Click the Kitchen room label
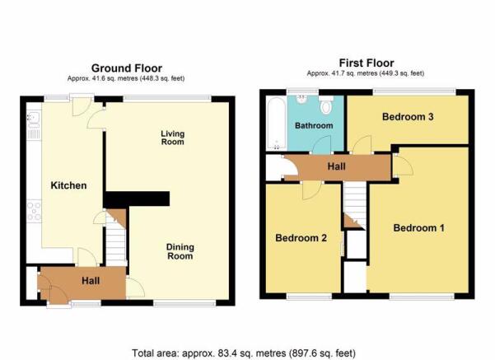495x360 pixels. pos(68,185)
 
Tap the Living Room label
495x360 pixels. pos(173,138)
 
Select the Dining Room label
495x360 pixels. pos(180,251)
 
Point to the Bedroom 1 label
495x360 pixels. pos(419,227)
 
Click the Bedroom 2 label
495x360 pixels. pos(301,238)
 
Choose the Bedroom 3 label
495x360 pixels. pos(408,117)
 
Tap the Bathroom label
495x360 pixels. pos(314,126)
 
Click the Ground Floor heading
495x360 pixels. pos(127,68)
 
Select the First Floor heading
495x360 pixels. pos(367,63)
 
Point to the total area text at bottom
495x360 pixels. pos(244,353)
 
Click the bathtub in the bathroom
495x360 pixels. pos(277,123)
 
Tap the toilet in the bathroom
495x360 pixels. pos(326,105)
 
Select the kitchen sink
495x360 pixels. pos(34,118)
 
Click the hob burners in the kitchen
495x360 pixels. pos(34,211)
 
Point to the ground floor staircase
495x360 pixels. pos(116,237)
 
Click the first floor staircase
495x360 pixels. pos(354,206)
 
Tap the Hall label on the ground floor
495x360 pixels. pos(91,281)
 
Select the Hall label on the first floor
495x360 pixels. pos(337,166)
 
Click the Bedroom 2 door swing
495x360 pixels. pos(312,191)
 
